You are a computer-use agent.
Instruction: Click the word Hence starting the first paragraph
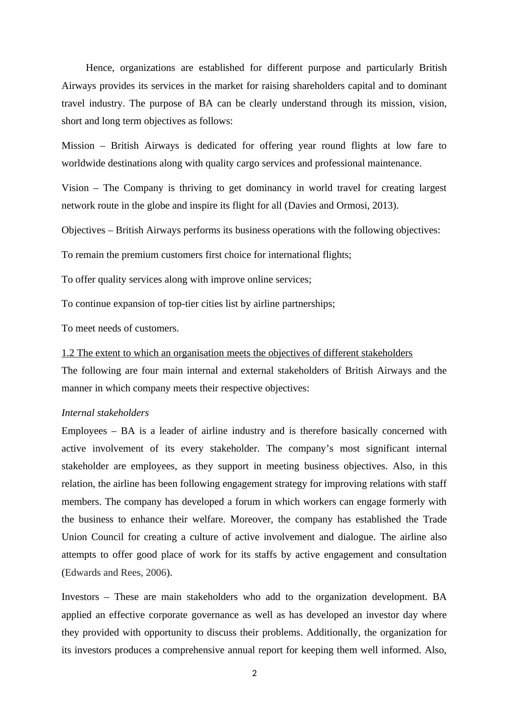tap(100, 68)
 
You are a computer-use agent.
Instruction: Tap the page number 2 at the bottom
tap(255, 673)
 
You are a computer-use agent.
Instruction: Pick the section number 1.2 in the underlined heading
tap(68, 353)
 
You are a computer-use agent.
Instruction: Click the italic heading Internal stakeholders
tap(105, 413)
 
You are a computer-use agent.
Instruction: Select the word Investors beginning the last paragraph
tap(80, 597)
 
